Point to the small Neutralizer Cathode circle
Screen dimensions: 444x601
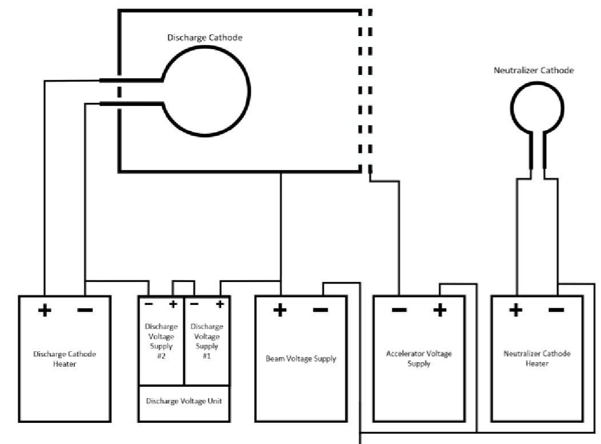click(536, 108)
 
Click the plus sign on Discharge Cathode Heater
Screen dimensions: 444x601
click(44, 311)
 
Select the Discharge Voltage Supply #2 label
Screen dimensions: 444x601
click(162, 342)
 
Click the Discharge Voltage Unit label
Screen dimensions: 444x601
click(184, 401)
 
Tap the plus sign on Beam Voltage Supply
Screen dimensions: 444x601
click(280, 311)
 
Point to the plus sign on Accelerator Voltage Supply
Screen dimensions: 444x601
click(439, 311)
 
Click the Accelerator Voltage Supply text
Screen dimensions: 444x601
click(419, 359)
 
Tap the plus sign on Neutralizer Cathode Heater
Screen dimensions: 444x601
click(516, 311)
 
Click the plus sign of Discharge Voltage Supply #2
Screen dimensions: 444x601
click(173, 303)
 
